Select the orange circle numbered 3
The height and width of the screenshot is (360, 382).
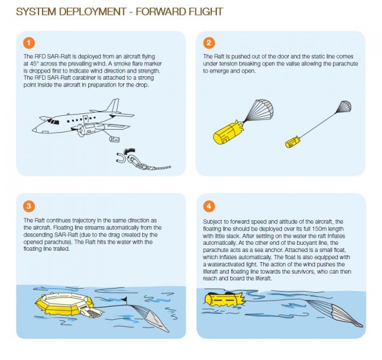pyautogui.click(x=27, y=206)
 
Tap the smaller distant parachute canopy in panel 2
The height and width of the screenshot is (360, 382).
pyautogui.click(x=342, y=107)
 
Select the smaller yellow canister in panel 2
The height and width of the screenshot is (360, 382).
pyautogui.click(x=293, y=142)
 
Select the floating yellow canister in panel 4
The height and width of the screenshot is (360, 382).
pyautogui.click(x=222, y=298)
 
